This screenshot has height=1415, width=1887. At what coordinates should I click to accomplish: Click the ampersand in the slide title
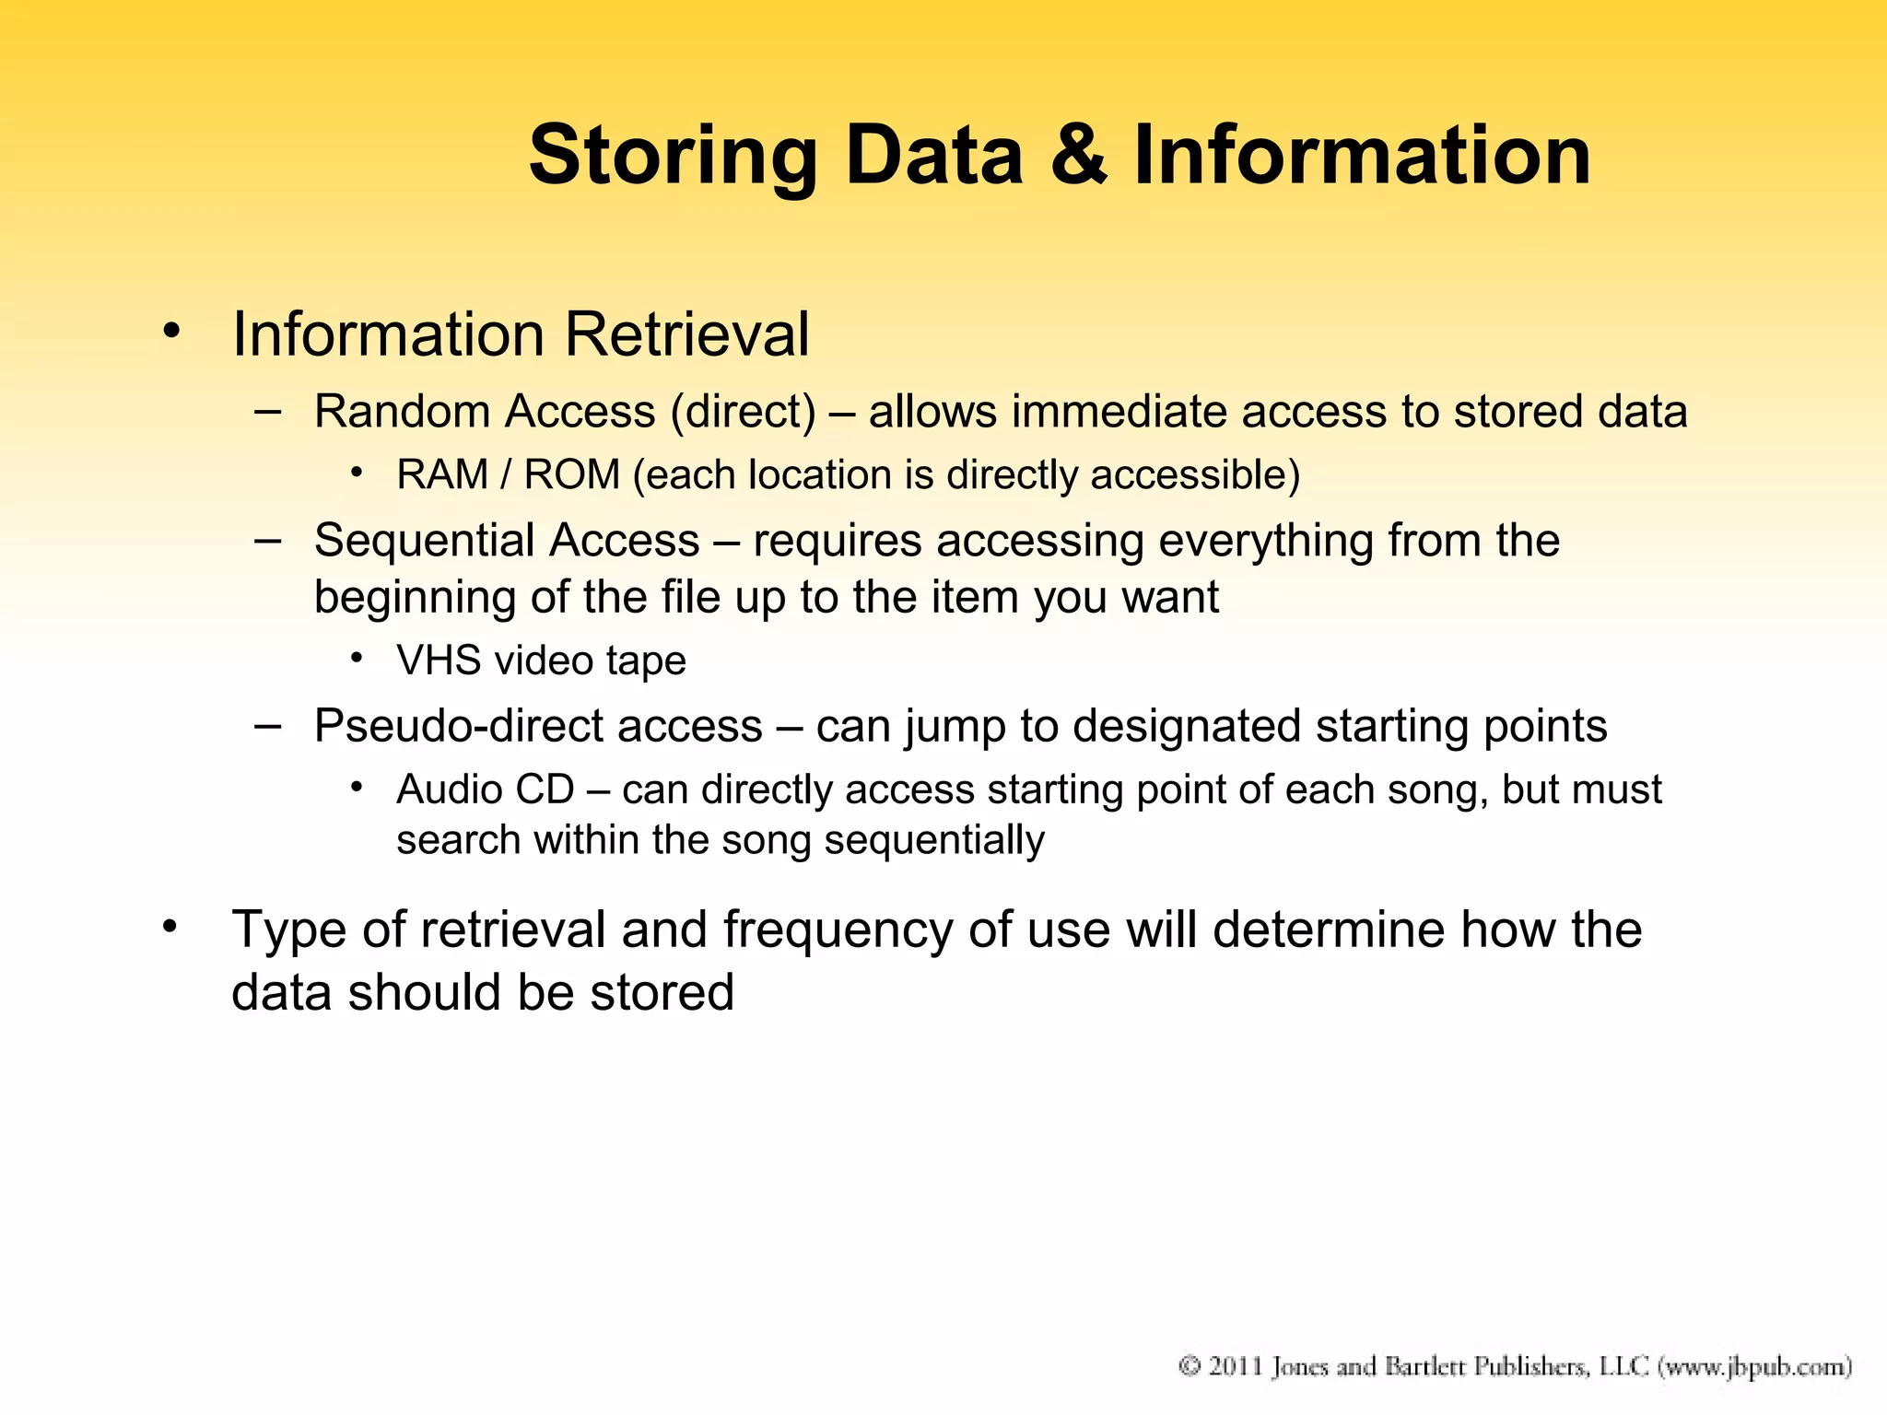(1079, 155)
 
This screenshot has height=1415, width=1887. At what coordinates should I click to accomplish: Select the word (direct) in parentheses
(744, 412)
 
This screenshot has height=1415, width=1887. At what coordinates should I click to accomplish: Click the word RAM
(442, 475)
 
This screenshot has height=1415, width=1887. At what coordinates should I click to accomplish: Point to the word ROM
(572, 475)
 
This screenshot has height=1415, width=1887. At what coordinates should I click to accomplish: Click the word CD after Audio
(545, 790)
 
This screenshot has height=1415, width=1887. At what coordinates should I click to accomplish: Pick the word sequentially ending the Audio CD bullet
(934, 841)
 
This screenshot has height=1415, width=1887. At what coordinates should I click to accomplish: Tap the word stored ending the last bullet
(662, 993)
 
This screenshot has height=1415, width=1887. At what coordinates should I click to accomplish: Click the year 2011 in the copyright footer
(1235, 1366)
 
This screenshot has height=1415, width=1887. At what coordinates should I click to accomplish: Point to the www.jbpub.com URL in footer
(1755, 1366)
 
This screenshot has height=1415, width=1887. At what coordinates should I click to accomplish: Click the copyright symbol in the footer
(1190, 1366)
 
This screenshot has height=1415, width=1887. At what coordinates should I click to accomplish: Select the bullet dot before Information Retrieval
(170, 331)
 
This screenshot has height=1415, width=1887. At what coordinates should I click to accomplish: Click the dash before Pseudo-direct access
(267, 726)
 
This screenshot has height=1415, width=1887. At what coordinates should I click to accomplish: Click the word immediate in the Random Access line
(1119, 412)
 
